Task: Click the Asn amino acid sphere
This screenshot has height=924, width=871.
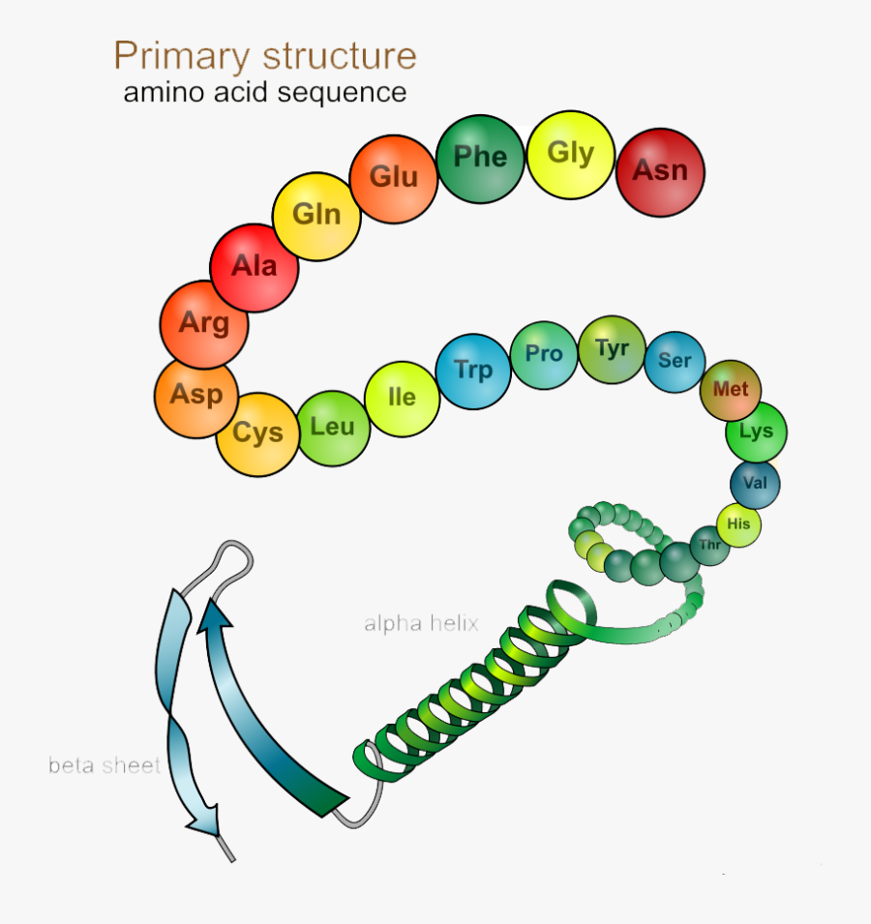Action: point(660,171)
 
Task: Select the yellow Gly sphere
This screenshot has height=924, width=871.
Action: point(571,155)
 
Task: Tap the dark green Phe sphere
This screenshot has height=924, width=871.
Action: point(480,158)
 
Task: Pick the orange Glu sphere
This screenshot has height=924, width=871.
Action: point(394,178)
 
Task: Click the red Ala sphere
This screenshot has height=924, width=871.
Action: point(255,267)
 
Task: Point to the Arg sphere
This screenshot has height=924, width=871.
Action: point(204,324)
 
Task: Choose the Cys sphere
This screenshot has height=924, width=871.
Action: point(257,433)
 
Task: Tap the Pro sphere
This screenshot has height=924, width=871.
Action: point(544,354)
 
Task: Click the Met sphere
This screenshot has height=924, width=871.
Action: point(731,390)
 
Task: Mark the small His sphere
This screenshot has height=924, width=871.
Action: point(738,524)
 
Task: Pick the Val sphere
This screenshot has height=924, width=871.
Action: point(754,481)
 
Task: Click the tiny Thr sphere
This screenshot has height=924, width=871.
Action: point(710,546)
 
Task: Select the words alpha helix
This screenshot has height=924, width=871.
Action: point(421,623)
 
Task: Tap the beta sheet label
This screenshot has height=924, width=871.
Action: point(105,765)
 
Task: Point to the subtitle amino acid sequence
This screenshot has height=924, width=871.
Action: point(264,93)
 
